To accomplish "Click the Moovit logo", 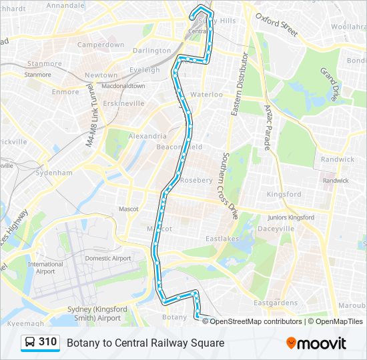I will pyautogui.click(x=316, y=343).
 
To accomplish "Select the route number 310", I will pyautogui.click(x=47, y=342).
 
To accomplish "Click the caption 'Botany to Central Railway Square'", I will pyautogui.click(x=145, y=343).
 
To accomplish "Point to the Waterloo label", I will pyautogui.click(x=206, y=95).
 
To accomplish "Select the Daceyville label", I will pyautogui.click(x=275, y=228).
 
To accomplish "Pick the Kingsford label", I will pyautogui.click(x=284, y=195).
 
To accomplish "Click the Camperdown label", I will pyautogui.click(x=101, y=45).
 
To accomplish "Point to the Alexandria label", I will pyautogui.click(x=143, y=135).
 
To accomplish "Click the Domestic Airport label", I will pyautogui.click(x=107, y=258).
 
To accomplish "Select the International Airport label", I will pyautogui.click(x=45, y=268).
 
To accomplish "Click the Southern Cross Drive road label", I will pyautogui.click(x=231, y=187).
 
